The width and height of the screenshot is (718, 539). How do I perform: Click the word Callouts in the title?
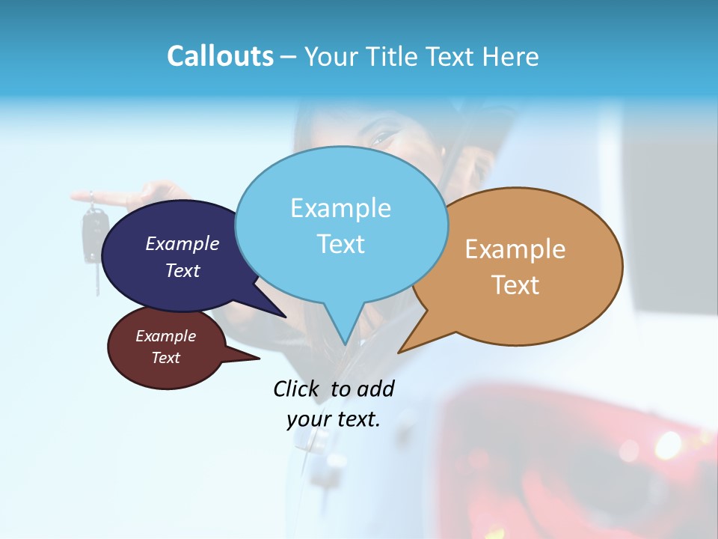point(220,56)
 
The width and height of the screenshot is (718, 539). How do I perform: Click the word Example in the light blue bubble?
point(340,208)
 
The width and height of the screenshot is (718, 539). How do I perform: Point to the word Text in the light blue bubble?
point(340,244)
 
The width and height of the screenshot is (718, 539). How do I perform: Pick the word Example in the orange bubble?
point(515,249)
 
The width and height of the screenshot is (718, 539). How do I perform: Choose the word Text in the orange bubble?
point(515,284)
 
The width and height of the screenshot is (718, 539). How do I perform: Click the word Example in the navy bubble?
point(182,243)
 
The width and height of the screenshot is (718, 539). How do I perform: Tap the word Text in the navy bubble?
point(182,270)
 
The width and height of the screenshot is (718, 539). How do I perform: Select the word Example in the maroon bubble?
point(165,336)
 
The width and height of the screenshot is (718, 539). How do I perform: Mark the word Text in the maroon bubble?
point(165,358)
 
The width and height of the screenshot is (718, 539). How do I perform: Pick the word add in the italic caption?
point(375,389)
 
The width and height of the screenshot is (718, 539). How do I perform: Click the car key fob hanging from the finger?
point(94,232)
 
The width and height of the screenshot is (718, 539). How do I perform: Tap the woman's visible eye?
point(383,138)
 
